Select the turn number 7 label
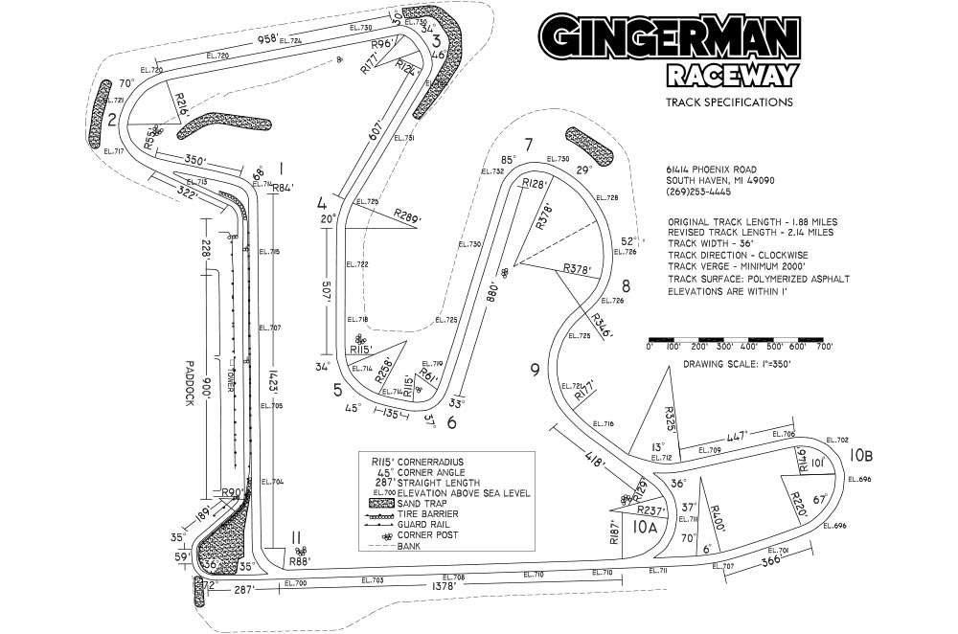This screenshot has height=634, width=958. click(528, 145)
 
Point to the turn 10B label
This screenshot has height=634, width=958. click(860, 454)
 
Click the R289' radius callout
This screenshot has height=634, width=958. click(408, 216)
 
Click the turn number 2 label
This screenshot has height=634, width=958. click(113, 120)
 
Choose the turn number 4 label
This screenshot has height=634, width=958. click(322, 204)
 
